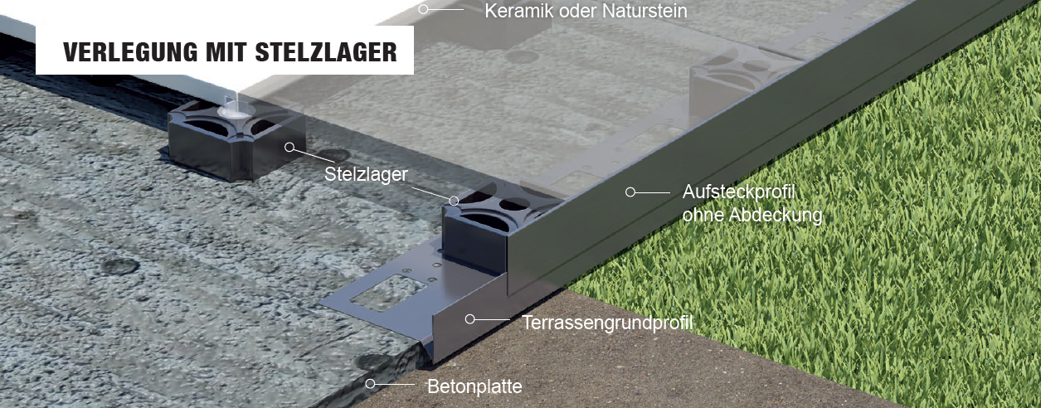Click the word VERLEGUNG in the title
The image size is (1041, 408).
pyautogui.click(x=130, y=52)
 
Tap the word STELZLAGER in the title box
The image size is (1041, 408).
pyautogui.click(x=326, y=52)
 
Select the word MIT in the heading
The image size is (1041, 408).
pyautogui.click(x=226, y=52)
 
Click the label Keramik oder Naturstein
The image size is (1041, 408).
pyautogui.click(x=586, y=11)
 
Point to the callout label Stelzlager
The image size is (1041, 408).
pyautogui.click(x=366, y=174)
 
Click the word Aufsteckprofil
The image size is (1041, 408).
pyautogui.click(x=738, y=192)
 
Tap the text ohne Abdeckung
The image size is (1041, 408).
pyautogui.click(x=752, y=215)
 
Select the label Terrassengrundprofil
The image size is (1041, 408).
pyautogui.click(x=607, y=323)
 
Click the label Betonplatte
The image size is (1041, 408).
pyautogui.click(x=474, y=386)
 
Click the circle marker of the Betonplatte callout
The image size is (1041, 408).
pyautogui.click(x=370, y=384)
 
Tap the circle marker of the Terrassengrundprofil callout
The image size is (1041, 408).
pyautogui.click(x=469, y=319)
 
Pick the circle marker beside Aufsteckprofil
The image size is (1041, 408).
pyautogui.click(x=630, y=192)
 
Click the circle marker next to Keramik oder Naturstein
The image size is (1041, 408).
pyautogui.click(x=423, y=9)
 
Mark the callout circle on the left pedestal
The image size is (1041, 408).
pyautogui.click(x=289, y=148)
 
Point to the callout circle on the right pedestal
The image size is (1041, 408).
pyautogui.click(x=454, y=201)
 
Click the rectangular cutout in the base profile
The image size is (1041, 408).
pyautogui.click(x=388, y=293)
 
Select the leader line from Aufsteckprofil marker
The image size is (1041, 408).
pyautogui.click(x=653, y=192)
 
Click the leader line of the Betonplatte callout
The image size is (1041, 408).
pyautogui.click(x=395, y=384)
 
